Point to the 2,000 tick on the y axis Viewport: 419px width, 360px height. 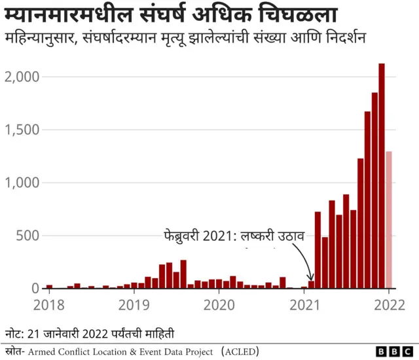point(21,77)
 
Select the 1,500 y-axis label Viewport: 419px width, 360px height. point(21,130)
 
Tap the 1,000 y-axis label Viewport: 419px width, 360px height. point(21,183)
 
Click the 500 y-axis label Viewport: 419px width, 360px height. point(27,236)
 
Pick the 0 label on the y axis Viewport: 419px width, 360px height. point(35,289)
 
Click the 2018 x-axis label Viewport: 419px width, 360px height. point(48,304)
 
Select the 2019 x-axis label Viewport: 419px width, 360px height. point(134,304)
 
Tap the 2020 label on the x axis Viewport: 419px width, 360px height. point(219,304)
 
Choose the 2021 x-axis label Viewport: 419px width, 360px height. point(304,304)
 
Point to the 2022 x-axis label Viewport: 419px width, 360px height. point(389,304)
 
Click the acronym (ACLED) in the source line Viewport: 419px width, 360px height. point(241,352)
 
